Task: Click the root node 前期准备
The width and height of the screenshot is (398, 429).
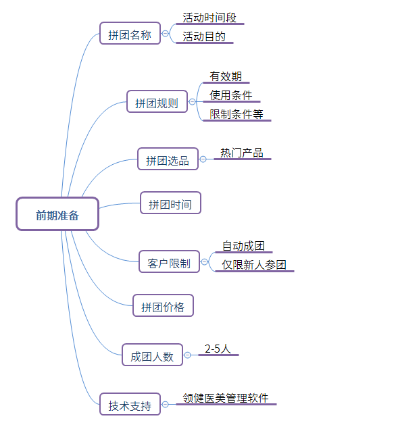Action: coord(57,213)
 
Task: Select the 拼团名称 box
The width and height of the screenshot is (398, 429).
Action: coord(130,33)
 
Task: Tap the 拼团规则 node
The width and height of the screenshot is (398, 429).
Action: coord(157,101)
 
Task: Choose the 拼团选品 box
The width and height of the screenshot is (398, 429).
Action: coord(168,159)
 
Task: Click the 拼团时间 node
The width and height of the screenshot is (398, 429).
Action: coord(170,203)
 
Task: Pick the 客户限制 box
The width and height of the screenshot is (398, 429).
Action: coord(169,261)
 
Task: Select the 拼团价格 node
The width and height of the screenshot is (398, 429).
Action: coord(163,305)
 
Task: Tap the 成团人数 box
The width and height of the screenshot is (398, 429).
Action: coord(152,355)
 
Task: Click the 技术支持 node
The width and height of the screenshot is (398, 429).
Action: coord(130,404)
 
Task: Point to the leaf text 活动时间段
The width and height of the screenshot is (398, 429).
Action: coord(209,18)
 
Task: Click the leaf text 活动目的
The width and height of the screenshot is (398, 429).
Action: coord(204,36)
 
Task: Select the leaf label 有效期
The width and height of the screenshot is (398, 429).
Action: coord(226,76)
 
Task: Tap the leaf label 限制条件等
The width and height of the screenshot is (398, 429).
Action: coord(237,114)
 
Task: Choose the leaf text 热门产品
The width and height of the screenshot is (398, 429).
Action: coord(242,153)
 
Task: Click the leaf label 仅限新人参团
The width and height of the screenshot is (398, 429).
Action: coord(254,265)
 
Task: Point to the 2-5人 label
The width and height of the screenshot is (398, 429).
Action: coord(218,349)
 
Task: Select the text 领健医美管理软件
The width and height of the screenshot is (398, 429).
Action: coord(226,398)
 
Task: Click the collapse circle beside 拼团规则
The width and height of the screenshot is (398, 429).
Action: coord(192,102)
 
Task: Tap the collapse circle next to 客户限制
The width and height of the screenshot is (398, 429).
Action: coord(204,262)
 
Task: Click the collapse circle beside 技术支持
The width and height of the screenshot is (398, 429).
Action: coord(165,405)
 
